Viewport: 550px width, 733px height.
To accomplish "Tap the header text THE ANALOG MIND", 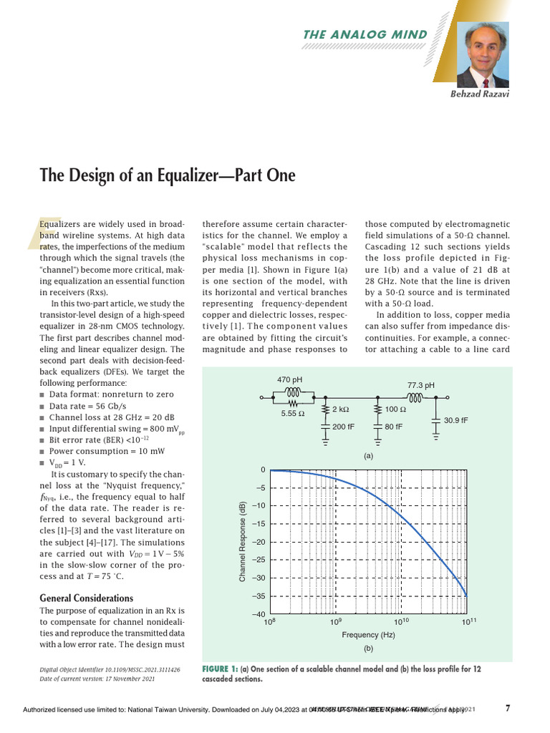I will (x=366, y=34).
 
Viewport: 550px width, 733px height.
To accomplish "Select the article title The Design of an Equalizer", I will (x=168, y=176).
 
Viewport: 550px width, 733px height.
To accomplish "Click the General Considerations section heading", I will (x=86, y=598).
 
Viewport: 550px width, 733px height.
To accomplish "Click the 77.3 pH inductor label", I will (x=420, y=384).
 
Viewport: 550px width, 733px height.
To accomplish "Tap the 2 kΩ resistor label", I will (x=342, y=409).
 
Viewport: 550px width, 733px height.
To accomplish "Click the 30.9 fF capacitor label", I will (x=455, y=420).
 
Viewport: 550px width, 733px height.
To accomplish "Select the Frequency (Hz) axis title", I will (x=369, y=635).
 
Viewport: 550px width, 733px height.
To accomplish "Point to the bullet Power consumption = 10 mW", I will (x=108, y=451).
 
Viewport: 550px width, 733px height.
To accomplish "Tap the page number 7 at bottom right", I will (x=508, y=709).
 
